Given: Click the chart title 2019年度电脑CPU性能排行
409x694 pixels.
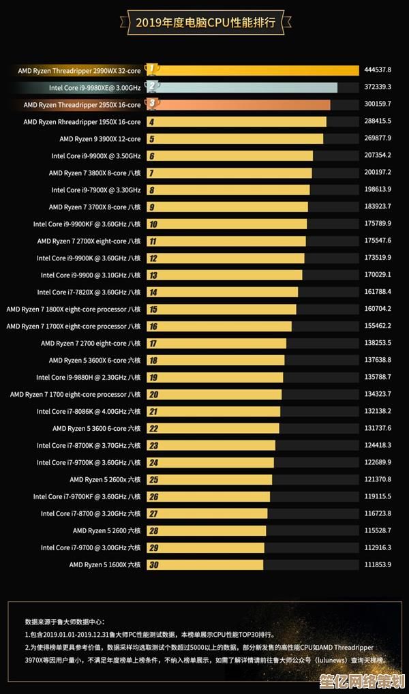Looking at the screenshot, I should tap(205, 22).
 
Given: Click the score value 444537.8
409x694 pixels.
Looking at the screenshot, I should tap(378, 70).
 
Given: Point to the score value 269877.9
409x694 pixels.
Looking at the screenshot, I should tap(378, 138).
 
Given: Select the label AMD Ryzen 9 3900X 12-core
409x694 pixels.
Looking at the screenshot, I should tap(100, 139).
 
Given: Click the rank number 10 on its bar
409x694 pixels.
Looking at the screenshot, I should tap(153, 224).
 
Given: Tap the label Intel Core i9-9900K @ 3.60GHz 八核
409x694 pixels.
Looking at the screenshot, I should tap(89, 258).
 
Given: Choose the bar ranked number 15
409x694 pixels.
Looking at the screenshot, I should tap(222, 310).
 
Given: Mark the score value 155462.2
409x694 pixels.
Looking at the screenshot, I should tap(378, 326).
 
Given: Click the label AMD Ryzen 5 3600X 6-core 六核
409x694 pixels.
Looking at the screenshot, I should tap(95, 361).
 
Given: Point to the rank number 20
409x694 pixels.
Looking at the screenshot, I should tap(153, 395).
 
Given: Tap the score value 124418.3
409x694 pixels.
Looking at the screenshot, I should tap(378, 445).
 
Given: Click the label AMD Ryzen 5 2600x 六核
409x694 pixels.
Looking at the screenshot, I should tap(105, 480).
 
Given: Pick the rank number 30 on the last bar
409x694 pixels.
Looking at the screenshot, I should tap(153, 565).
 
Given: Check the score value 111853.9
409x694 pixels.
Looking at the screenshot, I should tap(378, 564).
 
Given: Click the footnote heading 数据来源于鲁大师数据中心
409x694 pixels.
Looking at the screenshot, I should tap(65, 622).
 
